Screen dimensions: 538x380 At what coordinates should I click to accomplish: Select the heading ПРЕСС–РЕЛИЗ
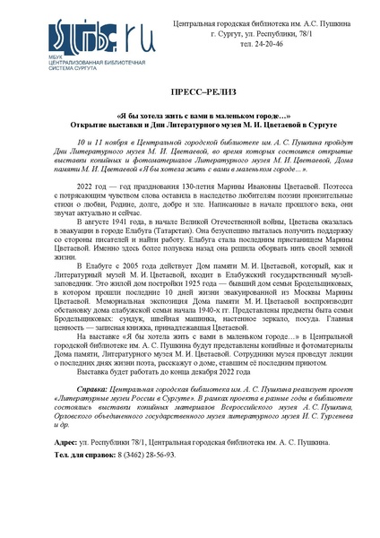(x=190, y=92)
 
